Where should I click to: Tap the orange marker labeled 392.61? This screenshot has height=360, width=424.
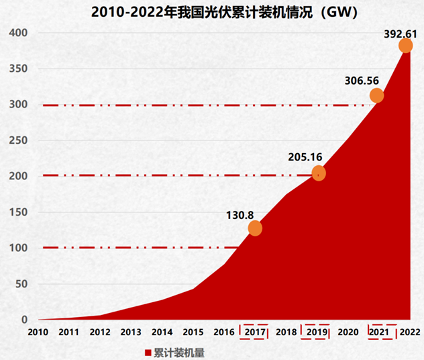click(405, 46)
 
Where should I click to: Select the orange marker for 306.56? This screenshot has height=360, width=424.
click(376, 95)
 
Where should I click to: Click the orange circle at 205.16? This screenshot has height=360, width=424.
click(319, 173)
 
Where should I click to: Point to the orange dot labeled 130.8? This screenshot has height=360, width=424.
click(255, 228)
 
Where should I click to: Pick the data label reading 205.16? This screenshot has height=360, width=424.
click(306, 157)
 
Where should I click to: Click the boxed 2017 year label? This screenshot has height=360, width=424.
click(255, 332)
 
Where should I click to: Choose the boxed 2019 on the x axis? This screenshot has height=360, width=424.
click(317, 332)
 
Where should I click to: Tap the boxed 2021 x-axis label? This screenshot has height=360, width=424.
click(380, 332)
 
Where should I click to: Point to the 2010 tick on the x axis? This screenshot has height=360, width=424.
click(38, 332)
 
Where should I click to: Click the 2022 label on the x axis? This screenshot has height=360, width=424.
click(409, 332)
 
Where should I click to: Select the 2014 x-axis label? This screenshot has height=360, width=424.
click(162, 332)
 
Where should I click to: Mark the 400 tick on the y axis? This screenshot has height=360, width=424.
click(18, 33)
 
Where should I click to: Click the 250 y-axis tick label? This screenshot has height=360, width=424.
click(18, 140)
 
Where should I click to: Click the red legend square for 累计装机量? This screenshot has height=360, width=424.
click(149, 352)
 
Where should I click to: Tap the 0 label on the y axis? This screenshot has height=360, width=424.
click(23, 320)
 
